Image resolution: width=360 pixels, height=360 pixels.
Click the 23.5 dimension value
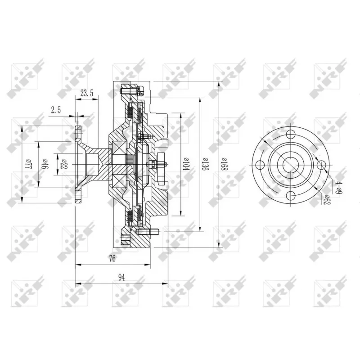(x=86, y=94)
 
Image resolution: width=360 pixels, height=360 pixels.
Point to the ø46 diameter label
(x=45, y=163)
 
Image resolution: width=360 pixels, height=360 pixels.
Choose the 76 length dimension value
(x=112, y=258)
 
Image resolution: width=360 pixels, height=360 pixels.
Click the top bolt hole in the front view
(x=290, y=134)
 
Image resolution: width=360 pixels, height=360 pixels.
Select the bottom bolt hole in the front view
(x=290, y=194)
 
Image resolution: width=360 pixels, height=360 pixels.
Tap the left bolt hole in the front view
(x=260, y=165)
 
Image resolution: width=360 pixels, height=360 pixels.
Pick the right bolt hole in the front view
(x=320, y=165)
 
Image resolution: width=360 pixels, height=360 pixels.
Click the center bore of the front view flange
(x=290, y=164)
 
